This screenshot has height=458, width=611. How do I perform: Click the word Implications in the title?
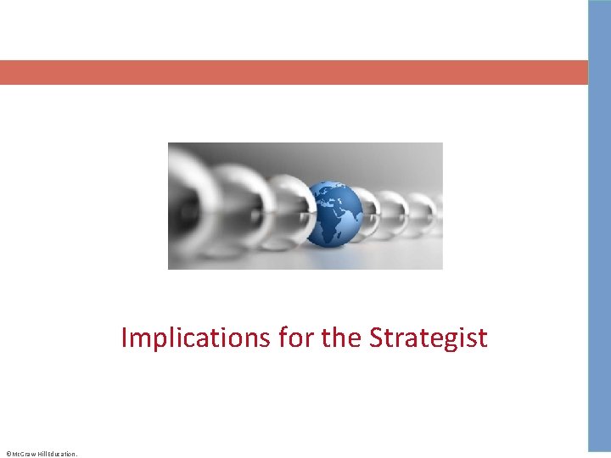tap(195, 338)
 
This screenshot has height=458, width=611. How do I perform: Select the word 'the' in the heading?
tap(342, 338)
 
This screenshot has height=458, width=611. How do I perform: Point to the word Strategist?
tap(429, 338)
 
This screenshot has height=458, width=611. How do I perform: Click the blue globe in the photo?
tap(333, 213)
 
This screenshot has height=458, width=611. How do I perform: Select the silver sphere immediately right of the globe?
tap(367, 212)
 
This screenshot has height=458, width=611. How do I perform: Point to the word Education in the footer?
tap(64, 455)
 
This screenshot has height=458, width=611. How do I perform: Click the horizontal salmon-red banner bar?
tap(293, 72)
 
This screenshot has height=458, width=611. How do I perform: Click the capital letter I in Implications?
tap(124, 338)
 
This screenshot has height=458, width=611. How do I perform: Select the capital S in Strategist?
tap(377, 338)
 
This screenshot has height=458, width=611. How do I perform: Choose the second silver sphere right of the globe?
tap(393, 212)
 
